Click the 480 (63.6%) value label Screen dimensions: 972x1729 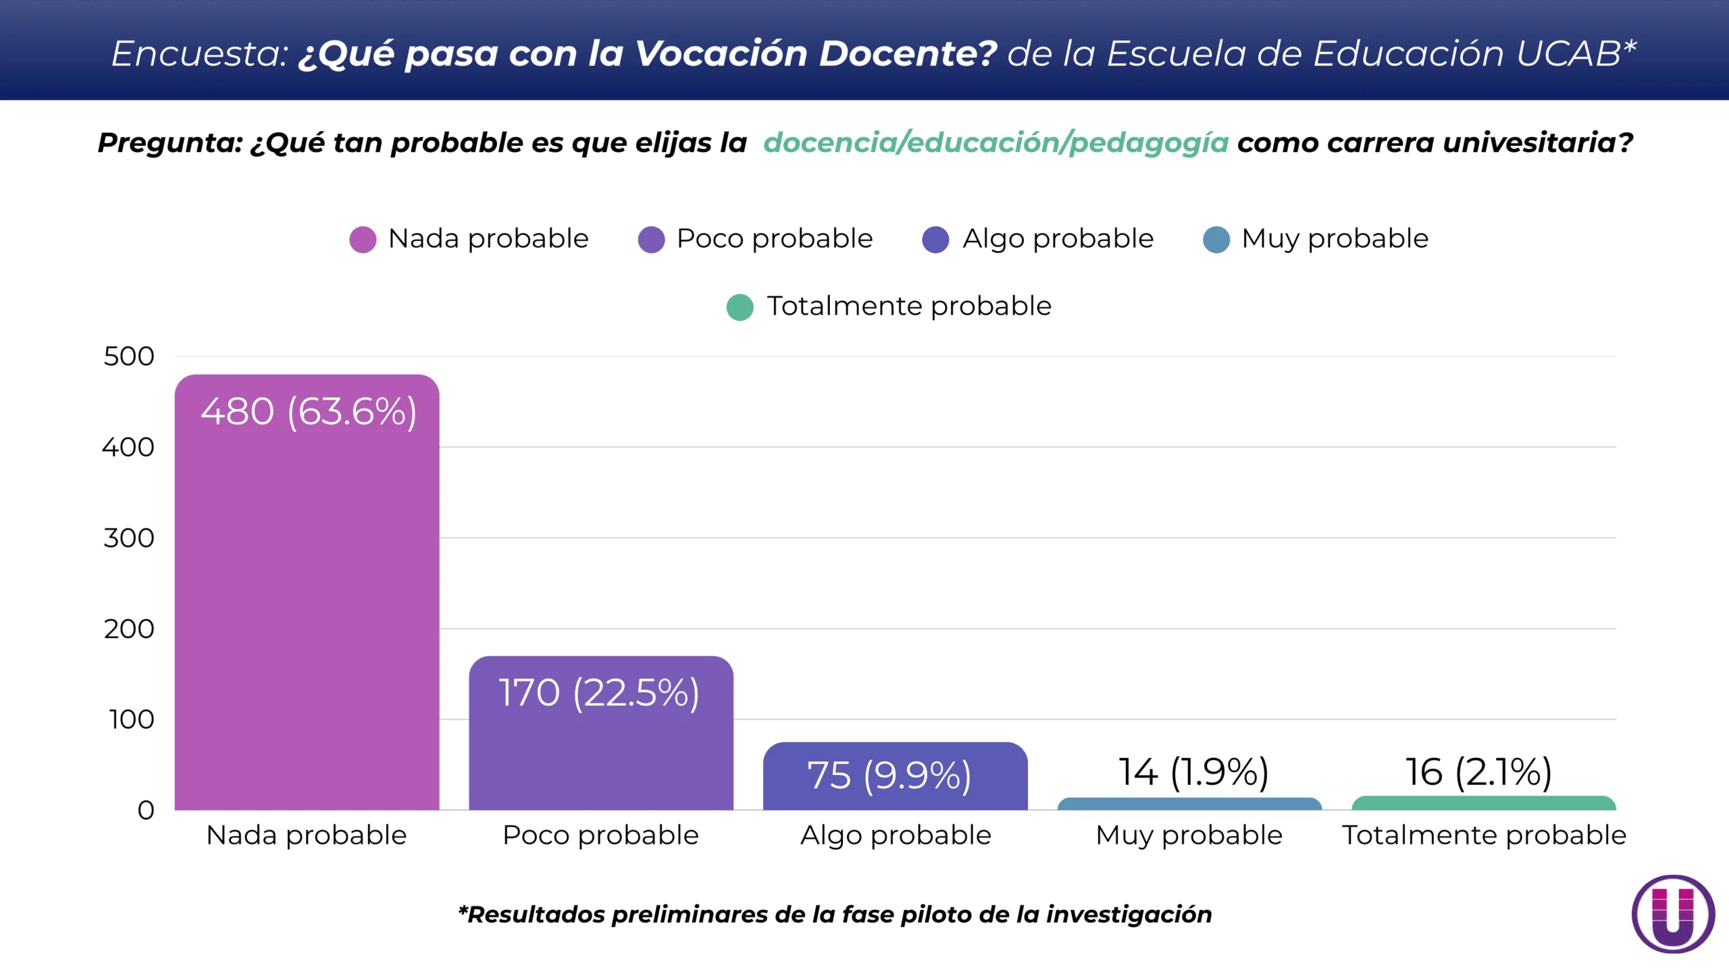309,412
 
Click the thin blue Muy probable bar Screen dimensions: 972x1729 1189,804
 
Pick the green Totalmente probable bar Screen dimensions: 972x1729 1483,803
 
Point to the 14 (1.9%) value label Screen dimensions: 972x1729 1193,772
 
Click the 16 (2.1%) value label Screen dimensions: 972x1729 1478,772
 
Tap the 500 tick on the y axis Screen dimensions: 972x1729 128,356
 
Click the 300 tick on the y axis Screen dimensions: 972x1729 128,538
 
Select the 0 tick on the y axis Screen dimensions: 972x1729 145,810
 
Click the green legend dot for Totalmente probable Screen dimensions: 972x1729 740,307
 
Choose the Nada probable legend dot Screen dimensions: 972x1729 363,240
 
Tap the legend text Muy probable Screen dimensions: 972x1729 1335,239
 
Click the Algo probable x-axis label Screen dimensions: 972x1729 896,836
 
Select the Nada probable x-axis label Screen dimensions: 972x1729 306,836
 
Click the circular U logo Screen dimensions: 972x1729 1673,914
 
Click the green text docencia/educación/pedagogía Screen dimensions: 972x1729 996,142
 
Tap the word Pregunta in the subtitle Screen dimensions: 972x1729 170,143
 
